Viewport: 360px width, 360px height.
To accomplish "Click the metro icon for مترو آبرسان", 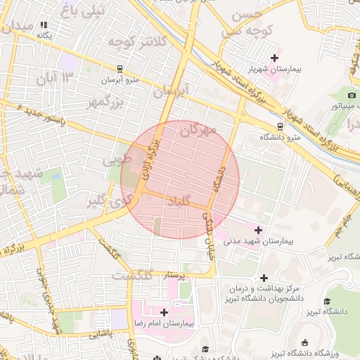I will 120,69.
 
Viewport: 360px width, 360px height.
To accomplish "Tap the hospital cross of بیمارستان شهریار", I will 274,57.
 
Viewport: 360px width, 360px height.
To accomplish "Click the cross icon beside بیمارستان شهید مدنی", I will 258,230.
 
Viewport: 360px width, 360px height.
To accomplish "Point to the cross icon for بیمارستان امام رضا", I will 164,312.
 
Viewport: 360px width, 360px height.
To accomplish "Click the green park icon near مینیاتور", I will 352,95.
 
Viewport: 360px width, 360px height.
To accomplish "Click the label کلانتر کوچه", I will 136,42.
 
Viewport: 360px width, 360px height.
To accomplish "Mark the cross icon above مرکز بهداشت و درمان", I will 264,278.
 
